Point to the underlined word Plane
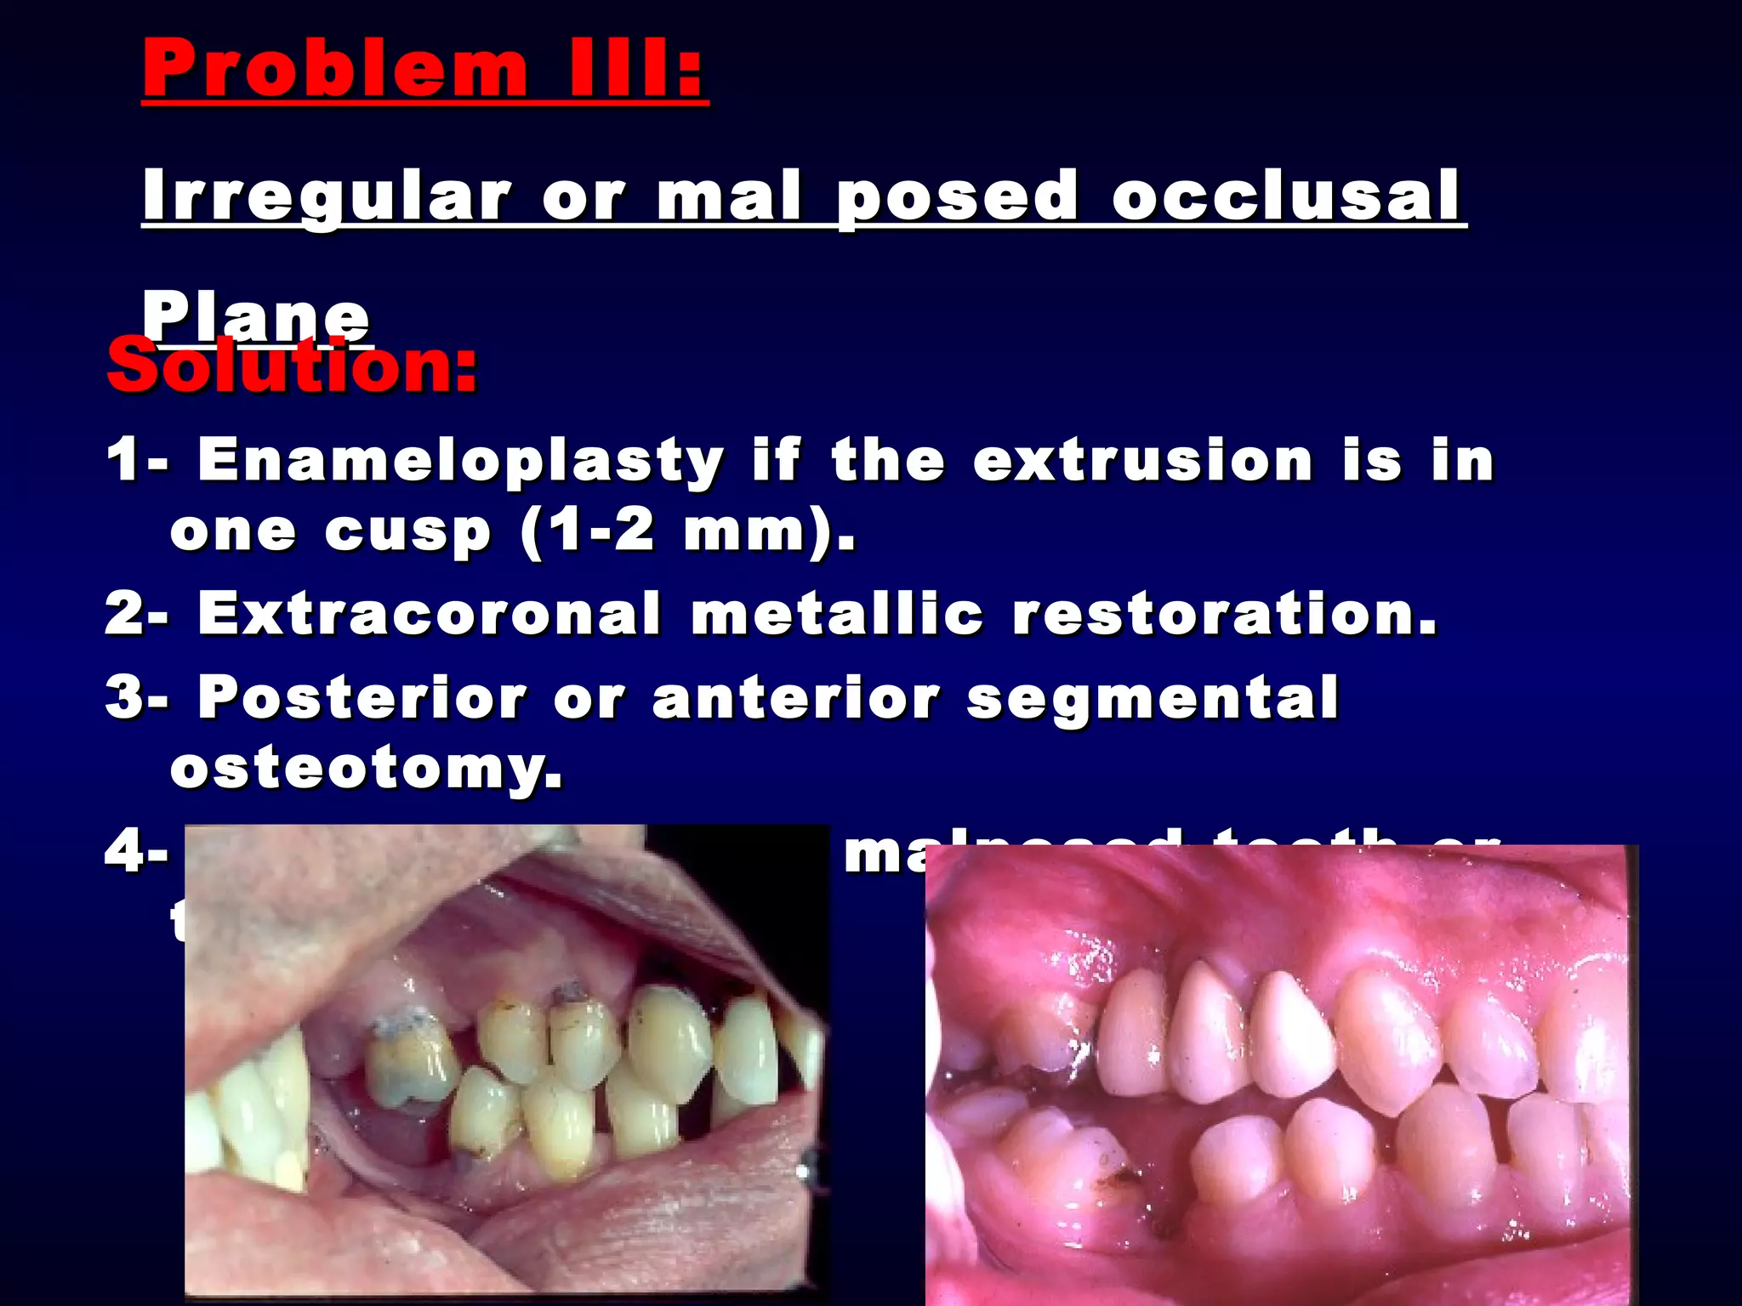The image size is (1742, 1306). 255,316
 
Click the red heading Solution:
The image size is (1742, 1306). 292,367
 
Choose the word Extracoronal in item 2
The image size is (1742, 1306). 430,613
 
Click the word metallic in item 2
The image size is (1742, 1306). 837,613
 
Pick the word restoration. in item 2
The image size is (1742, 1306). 1225,613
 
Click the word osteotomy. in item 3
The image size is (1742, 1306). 366,769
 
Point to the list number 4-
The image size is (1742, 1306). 136,850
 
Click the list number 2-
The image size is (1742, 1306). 136,613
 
